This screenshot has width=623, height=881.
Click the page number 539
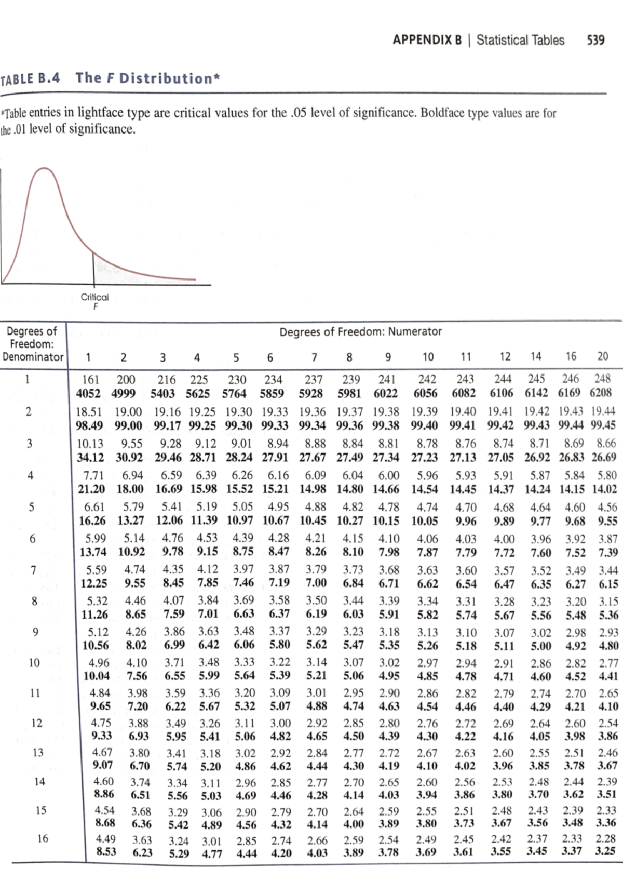pos(595,40)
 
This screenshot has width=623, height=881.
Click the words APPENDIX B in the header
pos(427,40)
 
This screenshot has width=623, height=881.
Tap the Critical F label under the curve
pos(94,301)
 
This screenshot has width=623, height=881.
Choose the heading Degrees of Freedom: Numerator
pos(360,331)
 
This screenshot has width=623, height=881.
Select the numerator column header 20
pos(602,356)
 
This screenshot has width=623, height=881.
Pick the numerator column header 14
pos(536,356)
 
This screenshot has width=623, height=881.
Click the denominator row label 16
pos(43,838)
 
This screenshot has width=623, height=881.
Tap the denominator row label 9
pos(35,632)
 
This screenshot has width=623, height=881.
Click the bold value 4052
pos(88,393)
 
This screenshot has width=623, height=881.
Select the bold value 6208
pos(601,393)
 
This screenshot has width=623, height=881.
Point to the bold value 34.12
pos(90,458)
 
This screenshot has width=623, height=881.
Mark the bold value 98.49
pos(89,425)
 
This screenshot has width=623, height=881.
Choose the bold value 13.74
pos(92,552)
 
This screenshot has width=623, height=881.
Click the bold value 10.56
pos(96,645)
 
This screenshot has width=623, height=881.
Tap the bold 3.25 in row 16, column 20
pos(605,851)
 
